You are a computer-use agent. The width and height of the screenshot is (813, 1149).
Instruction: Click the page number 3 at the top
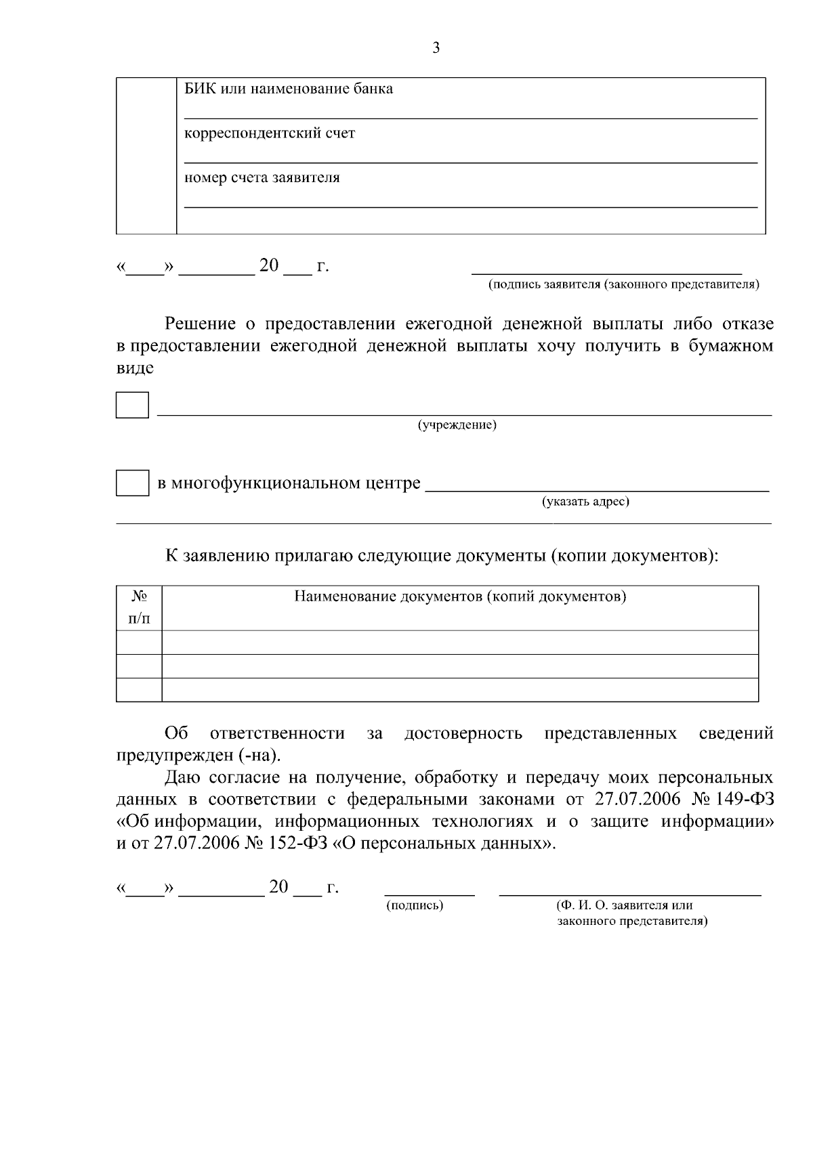tap(436, 48)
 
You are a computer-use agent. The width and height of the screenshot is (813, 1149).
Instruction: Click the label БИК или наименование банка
tap(289, 89)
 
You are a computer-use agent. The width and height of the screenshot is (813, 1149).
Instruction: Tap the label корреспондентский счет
tap(270, 133)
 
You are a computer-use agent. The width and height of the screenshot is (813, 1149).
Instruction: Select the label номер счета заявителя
tap(262, 178)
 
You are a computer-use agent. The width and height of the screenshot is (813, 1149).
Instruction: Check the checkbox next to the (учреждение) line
tap(132, 404)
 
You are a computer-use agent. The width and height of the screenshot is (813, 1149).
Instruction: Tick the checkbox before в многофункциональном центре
tap(132, 483)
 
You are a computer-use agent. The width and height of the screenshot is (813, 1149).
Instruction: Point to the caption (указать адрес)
tap(585, 502)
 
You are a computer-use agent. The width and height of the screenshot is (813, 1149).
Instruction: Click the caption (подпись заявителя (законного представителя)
tap(624, 284)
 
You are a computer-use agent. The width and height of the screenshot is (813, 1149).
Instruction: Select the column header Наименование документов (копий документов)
tap(459, 597)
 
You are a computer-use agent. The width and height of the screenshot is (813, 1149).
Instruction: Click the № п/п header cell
tap(140, 607)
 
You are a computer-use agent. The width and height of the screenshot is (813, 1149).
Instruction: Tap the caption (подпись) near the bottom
tap(415, 905)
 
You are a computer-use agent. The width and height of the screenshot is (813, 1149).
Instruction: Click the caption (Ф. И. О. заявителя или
tap(624, 905)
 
